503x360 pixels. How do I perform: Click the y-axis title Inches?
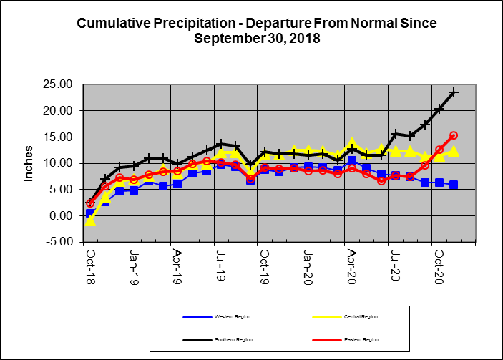tap(29, 163)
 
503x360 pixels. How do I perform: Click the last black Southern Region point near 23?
tap(454, 93)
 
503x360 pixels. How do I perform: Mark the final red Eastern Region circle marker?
tap(454, 135)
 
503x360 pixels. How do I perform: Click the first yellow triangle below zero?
tap(90, 220)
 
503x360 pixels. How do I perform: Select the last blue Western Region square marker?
tap(454, 185)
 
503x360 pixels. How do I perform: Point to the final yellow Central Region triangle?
tap(454, 151)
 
